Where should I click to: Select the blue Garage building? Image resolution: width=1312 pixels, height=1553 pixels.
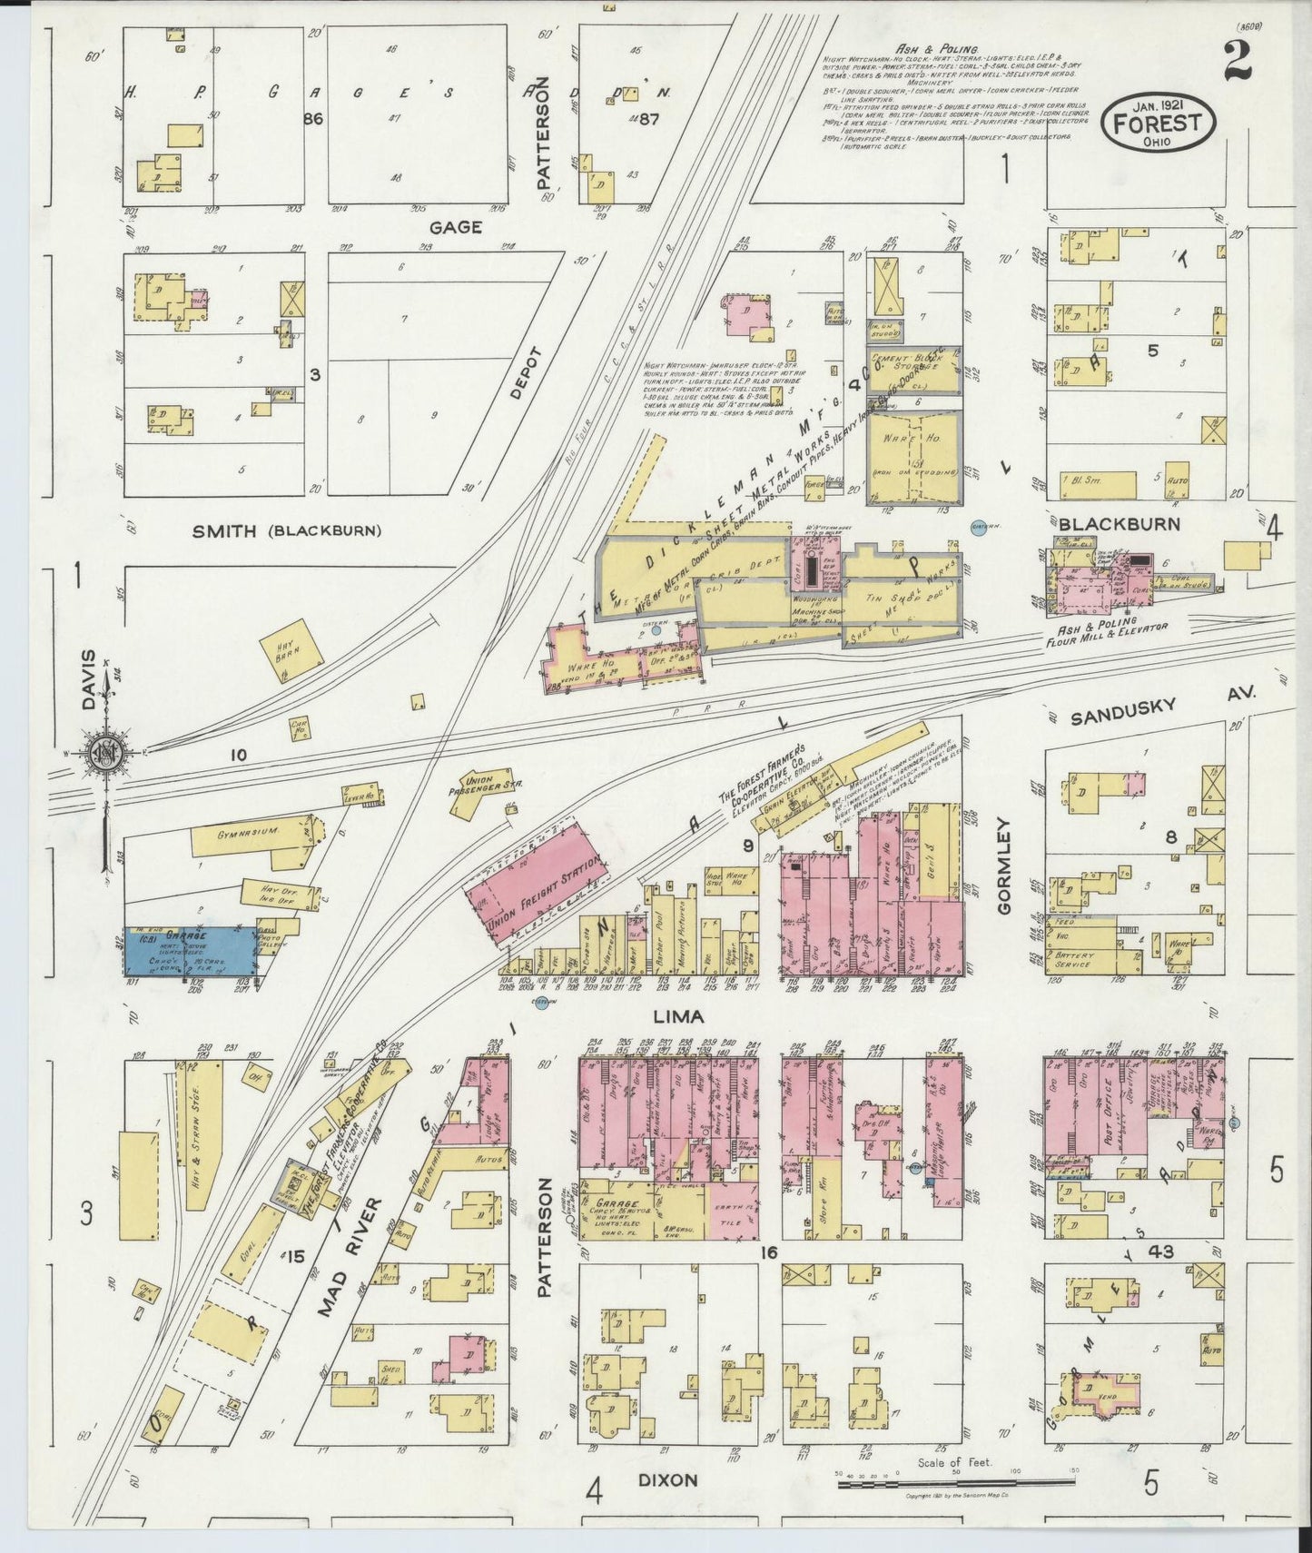[189, 951]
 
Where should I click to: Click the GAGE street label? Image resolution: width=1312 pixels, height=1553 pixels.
[455, 228]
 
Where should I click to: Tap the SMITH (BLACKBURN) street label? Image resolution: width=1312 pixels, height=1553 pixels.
[287, 531]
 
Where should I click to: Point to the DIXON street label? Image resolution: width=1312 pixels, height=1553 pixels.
[666, 1480]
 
